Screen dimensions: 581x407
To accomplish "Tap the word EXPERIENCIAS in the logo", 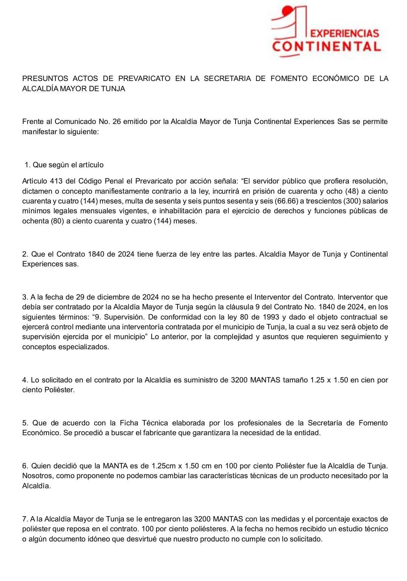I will coord(346,34).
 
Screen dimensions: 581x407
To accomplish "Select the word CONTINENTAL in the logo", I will coord(326,47).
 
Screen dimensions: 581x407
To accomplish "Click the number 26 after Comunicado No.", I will coord(115,122).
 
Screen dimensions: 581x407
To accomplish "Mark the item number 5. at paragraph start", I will coord(26,423).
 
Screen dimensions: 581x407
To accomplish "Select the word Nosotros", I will coord(37,476).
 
